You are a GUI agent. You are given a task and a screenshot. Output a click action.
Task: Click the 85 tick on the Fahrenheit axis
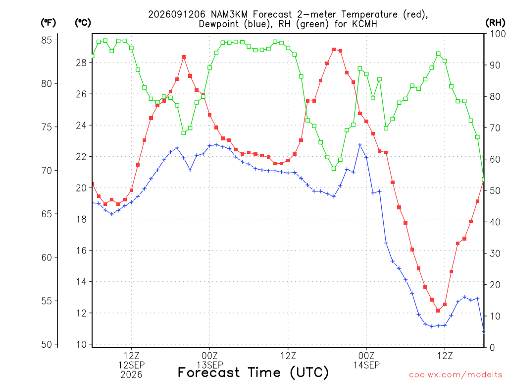(47, 40)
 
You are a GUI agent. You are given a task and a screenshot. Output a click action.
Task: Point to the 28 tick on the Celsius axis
(82, 63)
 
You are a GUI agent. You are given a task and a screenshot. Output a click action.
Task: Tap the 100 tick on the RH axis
(498, 34)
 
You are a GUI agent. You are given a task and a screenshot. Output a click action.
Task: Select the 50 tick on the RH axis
(495, 190)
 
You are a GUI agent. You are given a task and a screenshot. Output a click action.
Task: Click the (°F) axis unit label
(48, 23)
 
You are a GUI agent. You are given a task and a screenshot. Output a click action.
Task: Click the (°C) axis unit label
(83, 23)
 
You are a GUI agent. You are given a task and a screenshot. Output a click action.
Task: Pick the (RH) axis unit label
(495, 23)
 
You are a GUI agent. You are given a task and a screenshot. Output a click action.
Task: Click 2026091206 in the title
(177, 14)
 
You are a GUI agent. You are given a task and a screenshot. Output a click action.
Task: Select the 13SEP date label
(210, 365)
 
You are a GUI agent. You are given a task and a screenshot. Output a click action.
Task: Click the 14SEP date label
(366, 365)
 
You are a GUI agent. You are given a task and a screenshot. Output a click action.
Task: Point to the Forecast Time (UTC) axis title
(253, 373)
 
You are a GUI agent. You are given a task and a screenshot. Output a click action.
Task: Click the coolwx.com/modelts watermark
(456, 375)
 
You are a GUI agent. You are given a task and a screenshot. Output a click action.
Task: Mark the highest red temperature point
(334, 50)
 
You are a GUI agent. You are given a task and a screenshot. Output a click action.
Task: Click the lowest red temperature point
(438, 311)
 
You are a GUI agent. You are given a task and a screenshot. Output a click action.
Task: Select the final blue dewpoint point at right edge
(483, 331)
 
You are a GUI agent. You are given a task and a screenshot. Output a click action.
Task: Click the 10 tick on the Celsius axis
(82, 344)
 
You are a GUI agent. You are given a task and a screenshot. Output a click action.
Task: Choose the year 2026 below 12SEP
(131, 375)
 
